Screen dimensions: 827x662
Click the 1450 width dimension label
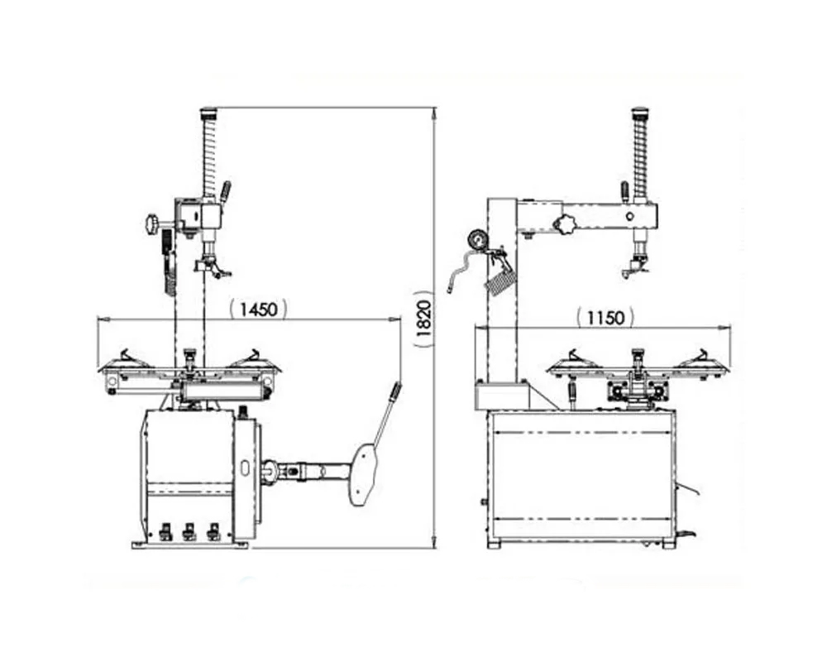259,309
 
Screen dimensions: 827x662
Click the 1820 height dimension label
424,319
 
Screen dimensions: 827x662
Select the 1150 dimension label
605,318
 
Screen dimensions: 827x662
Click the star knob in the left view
153,224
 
